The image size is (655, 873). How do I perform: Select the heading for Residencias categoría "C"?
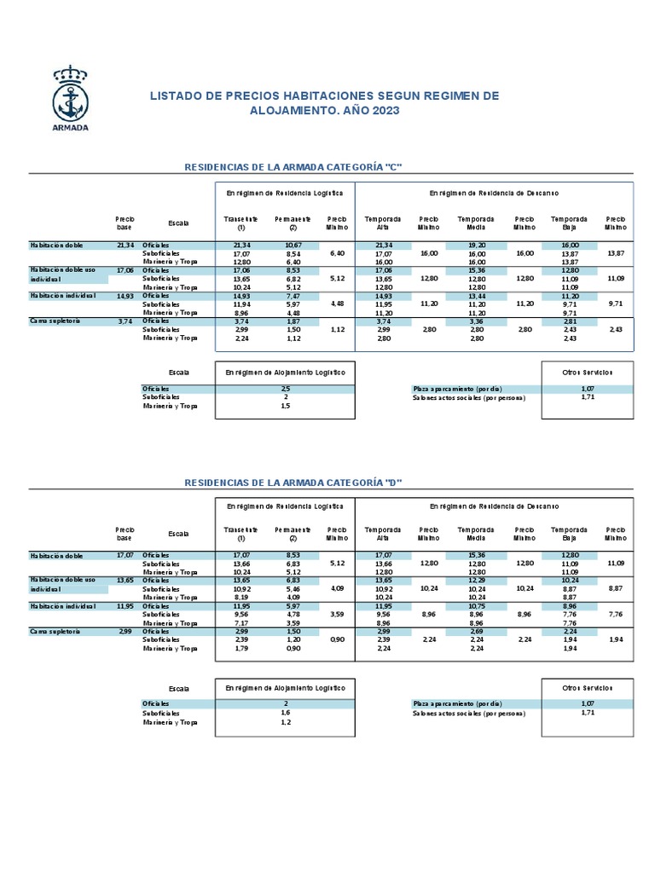[293, 166]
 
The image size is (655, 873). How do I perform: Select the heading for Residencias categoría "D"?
[293, 483]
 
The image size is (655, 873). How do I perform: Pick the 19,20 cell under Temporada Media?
[476, 246]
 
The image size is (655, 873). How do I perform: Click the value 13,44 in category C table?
[476, 296]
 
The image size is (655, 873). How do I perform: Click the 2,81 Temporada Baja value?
[570, 321]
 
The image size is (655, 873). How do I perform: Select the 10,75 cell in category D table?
[476, 606]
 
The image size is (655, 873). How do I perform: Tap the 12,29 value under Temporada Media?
[476, 581]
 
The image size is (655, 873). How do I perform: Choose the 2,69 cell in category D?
[476, 632]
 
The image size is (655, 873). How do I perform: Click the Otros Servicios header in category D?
[587, 687]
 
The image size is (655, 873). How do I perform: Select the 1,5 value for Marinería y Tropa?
[285, 406]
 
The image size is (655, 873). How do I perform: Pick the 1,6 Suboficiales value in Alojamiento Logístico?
[285, 713]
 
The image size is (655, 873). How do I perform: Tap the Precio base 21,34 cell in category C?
[125, 246]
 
